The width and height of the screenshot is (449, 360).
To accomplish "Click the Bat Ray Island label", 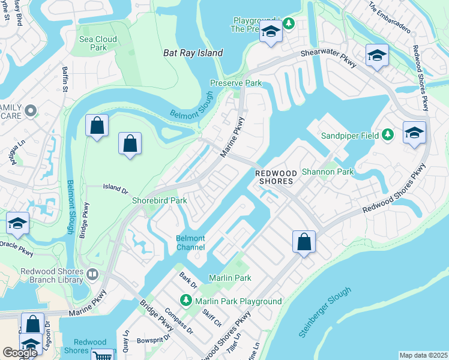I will coord(193,53).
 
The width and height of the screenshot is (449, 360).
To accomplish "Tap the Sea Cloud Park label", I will coord(98,43).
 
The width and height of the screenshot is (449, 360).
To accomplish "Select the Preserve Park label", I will coord(236,83).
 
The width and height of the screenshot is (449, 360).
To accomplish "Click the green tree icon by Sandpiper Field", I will coord(387,135).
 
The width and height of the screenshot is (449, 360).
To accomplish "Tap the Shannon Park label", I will coord(328,172).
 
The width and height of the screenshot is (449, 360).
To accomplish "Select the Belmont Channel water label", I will coord(190,242).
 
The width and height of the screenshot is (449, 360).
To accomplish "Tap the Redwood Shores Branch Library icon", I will coord(92,275).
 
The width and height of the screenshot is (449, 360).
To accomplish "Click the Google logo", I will coord(20,352).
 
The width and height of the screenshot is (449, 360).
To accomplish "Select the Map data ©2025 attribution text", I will coord(423,355).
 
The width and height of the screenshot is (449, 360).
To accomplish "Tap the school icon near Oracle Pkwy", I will coord(18,224).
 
